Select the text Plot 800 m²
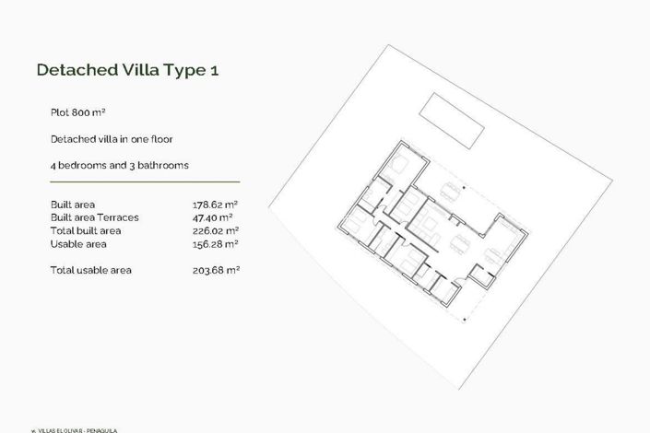point(78,111)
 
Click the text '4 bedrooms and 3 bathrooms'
point(120,165)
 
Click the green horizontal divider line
point(145,181)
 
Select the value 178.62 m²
point(209,204)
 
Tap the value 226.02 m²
point(209,230)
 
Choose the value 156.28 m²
point(209,244)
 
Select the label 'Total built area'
point(86,230)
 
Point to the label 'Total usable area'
point(91,270)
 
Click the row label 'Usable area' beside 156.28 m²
point(78,244)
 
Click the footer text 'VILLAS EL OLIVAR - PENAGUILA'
point(79,429)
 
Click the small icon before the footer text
point(34,429)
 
